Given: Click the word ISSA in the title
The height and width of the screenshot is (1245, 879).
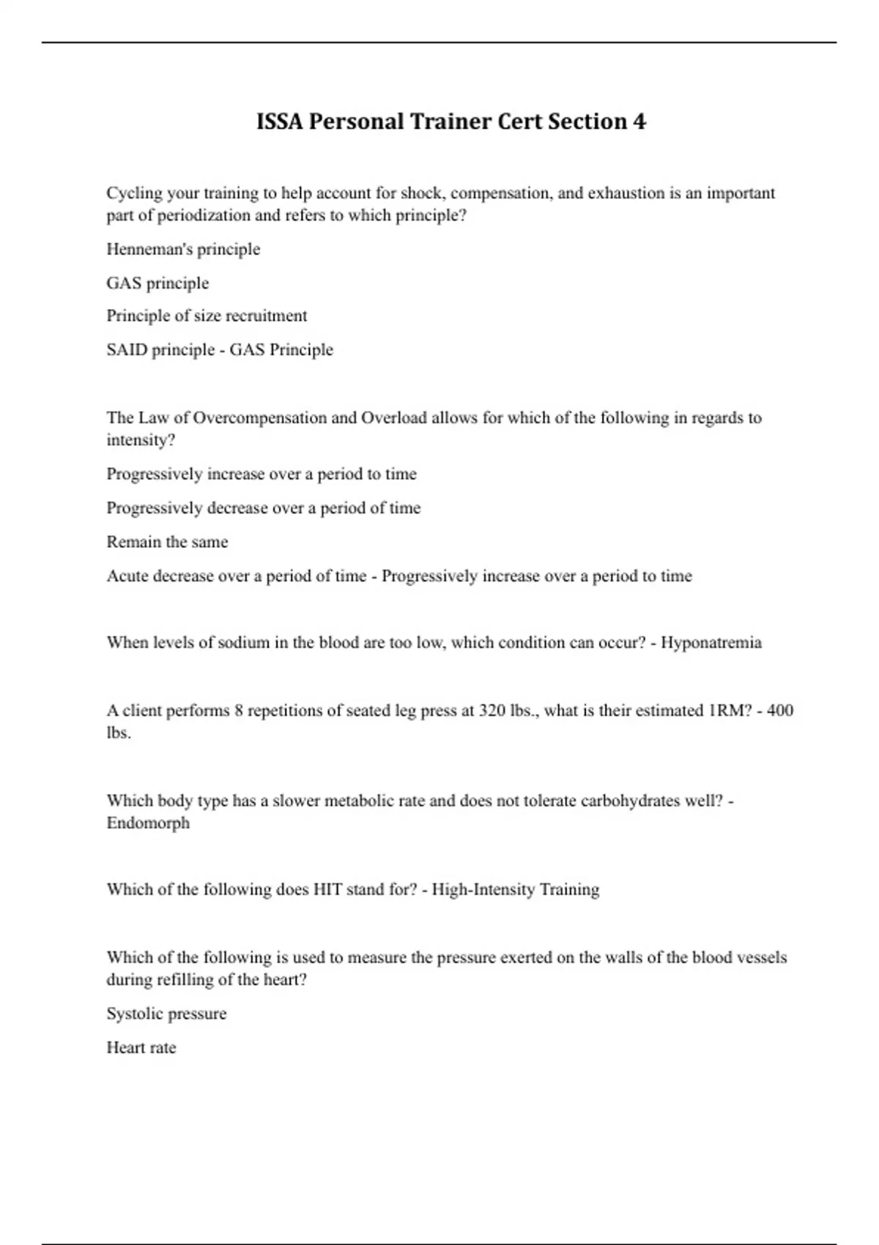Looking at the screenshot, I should pos(279,122).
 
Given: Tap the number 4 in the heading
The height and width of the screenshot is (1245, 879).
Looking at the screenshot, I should pos(639,122).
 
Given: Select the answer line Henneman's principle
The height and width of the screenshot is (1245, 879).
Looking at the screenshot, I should pos(183,249).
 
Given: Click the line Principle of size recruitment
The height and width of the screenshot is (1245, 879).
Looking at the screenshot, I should pos(207,316).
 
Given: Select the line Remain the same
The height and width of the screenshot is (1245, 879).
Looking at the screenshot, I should pos(167,542).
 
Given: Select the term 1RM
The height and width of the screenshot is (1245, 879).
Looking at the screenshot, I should pos(730,710).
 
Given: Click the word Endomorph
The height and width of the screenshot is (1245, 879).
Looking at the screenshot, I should pos(148,823).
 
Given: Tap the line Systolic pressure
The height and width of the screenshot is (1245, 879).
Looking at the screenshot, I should pos(166,1014).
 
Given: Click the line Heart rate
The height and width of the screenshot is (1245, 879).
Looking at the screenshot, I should pos(141,1048).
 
